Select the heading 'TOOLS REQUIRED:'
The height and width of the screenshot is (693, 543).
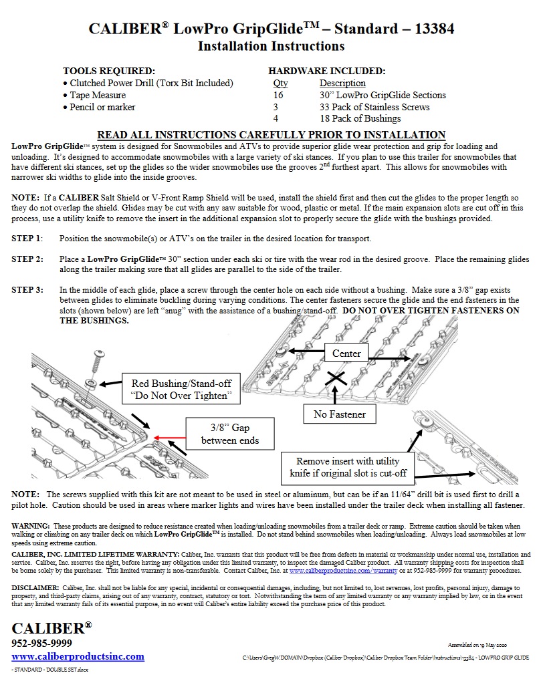click(109, 71)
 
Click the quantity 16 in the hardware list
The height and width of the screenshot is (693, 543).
click(278, 95)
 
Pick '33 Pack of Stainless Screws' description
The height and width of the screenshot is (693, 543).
click(374, 107)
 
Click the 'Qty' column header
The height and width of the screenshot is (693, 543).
click(280, 83)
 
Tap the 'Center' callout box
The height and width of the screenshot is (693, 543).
click(346, 353)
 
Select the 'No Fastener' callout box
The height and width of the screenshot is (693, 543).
click(340, 414)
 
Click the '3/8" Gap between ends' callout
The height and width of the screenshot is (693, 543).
click(229, 434)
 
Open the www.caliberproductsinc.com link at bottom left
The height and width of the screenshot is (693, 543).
click(78, 656)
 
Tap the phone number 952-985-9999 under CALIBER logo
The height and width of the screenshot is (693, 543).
click(42, 644)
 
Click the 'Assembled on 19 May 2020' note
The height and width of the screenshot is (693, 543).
click(477, 645)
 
